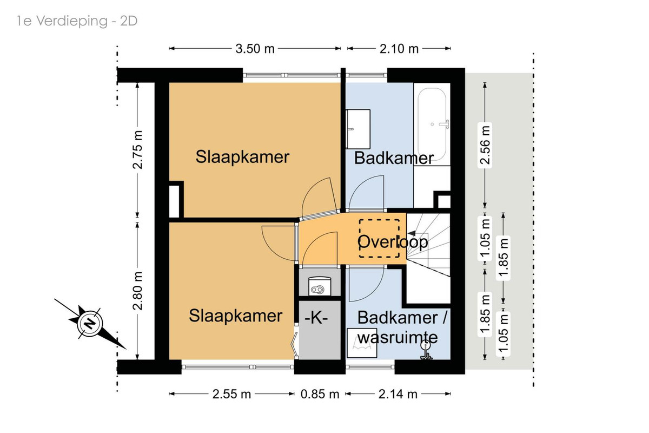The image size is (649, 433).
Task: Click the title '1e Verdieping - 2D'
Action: (x=77, y=22)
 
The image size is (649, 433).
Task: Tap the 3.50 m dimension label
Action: (x=255, y=49)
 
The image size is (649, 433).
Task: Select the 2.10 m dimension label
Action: (x=399, y=49)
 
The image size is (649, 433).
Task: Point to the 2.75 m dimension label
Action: (x=137, y=149)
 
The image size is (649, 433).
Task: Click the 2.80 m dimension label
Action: (x=137, y=291)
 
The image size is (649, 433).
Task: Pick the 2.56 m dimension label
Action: (x=485, y=145)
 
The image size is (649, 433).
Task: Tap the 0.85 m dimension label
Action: (x=320, y=394)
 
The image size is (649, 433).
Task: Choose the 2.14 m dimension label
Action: (x=398, y=394)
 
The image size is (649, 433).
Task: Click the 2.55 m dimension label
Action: (x=231, y=394)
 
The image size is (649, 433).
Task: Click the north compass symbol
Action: (x=90, y=324)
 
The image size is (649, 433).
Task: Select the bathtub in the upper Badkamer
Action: (x=432, y=124)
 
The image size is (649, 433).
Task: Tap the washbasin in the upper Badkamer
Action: (x=358, y=129)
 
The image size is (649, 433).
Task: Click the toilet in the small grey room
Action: (x=319, y=286)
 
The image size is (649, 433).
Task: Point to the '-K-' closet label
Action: (x=316, y=318)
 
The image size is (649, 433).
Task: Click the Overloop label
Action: (x=393, y=241)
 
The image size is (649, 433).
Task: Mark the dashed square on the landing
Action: (x=379, y=238)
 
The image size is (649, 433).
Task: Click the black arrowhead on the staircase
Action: (x=412, y=233)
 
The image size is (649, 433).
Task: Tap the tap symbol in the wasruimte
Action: (x=426, y=350)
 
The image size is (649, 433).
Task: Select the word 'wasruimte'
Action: (x=397, y=337)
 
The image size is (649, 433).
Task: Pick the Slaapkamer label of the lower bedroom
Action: (x=236, y=316)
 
